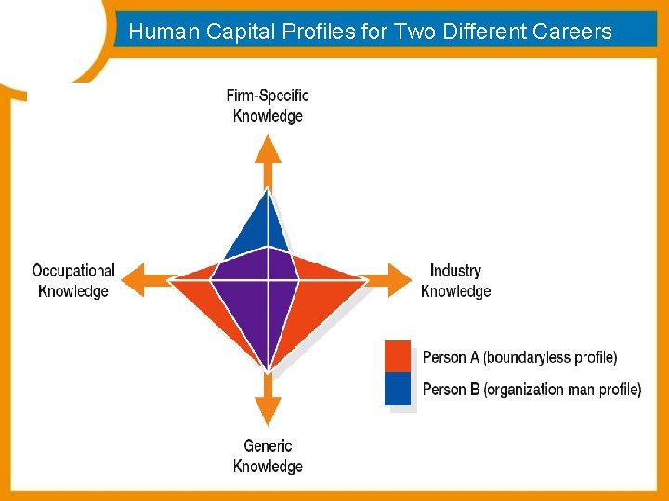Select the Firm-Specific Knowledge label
click(x=268, y=106)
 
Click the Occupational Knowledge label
click(x=73, y=281)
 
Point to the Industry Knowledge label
click(x=455, y=281)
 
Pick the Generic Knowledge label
click(x=268, y=456)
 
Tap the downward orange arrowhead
click(x=268, y=410)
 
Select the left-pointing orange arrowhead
click(x=136, y=278)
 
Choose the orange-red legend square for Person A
click(x=398, y=357)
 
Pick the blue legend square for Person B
click(x=398, y=389)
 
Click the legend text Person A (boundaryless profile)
click(x=519, y=357)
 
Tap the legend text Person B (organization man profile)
click(x=531, y=390)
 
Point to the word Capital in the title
click(x=230, y=32)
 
